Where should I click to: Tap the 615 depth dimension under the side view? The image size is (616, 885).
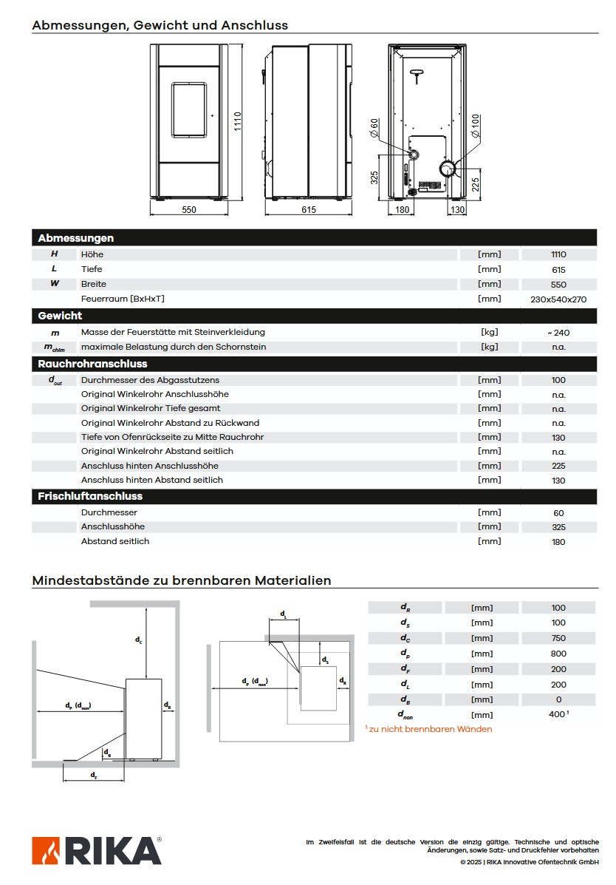309,210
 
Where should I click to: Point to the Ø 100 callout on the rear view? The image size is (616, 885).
475,126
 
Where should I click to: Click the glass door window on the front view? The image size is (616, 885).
190,109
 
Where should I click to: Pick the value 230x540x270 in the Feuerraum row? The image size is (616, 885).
558,299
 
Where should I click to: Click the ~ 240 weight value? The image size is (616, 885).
558,333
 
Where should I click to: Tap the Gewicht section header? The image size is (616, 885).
61,316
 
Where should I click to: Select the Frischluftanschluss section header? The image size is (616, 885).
90,496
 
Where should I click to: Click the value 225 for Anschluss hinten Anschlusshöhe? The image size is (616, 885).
558,466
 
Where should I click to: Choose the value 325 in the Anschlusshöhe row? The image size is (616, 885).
558,527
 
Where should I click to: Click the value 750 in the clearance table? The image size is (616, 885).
558,638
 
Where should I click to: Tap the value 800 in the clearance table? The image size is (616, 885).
558,654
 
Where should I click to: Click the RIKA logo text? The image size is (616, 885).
114,852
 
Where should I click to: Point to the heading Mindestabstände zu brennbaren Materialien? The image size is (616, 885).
182,580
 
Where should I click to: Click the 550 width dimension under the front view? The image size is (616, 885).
189,210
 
